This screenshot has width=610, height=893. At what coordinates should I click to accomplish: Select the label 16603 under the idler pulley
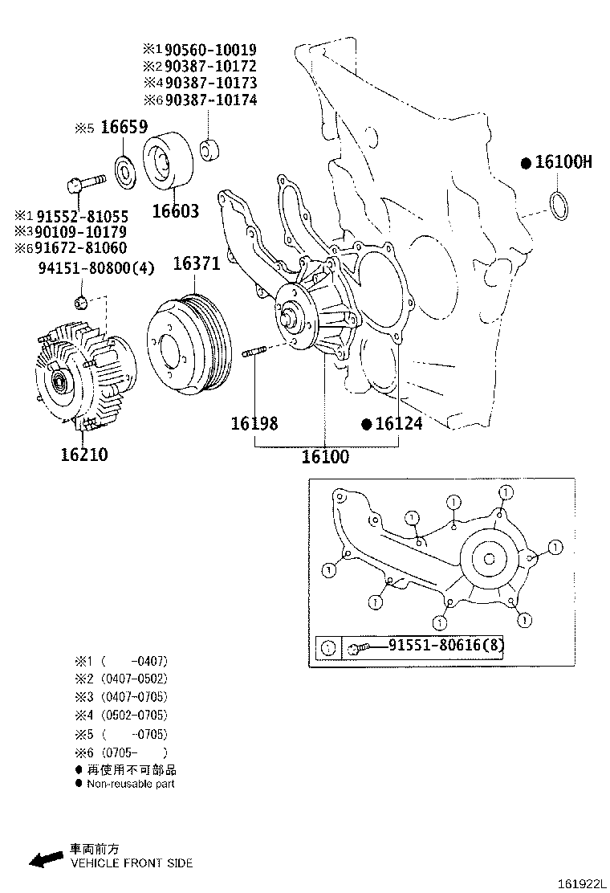click(176, 212)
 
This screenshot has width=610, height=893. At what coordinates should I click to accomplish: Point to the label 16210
click(84, 455)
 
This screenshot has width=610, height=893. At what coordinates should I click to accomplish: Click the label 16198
click(254, 423)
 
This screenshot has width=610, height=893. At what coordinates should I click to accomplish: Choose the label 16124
click(398, 423)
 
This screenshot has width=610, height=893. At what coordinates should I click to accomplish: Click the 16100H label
click(563, 163)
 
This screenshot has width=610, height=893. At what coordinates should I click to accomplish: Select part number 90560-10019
click(211, 49)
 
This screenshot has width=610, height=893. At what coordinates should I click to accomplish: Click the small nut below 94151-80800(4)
click(80, 303)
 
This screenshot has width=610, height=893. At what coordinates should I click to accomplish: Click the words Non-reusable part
click(130, 784)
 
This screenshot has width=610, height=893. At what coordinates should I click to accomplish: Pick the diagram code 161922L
click(580, 883)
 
